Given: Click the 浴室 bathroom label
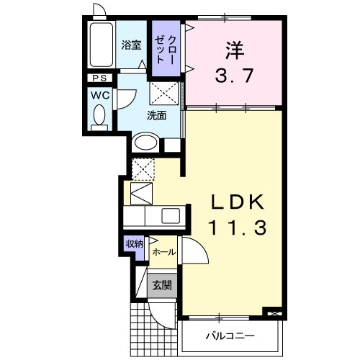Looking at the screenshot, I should [x=131, y=45].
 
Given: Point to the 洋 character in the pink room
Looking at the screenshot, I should [x=233, y=50].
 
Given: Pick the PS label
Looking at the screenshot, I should [x=98, y=78].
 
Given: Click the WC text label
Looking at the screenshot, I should [x=99, y=94].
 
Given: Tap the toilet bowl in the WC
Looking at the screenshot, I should [x=99, y=114].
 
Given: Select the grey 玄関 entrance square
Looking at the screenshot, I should [x=161, y=285].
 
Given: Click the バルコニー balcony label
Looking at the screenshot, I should [x=229, y=336].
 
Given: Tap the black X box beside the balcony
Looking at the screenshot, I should [x=273, y=313].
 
